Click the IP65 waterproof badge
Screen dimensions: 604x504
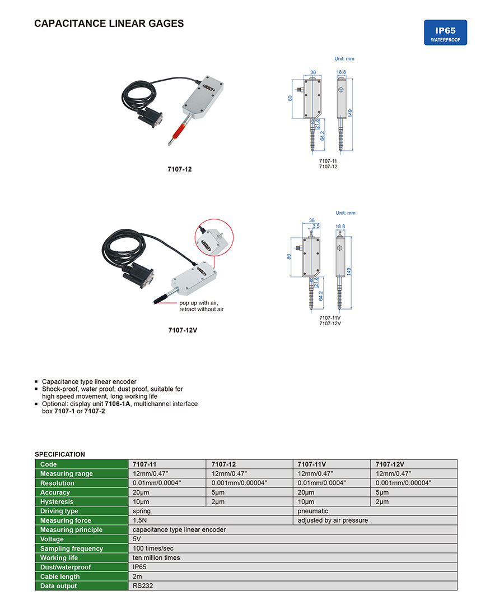click(x=445, y=33)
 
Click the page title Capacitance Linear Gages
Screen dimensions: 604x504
click(x=109, y=24)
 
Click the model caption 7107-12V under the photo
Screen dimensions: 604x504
click(x=183, y=330)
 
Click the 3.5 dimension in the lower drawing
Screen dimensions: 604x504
click(x=316, y=226)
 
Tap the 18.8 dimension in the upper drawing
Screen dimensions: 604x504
click(x=341, y=72)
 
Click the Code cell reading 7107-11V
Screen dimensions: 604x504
click(x=312, y=464)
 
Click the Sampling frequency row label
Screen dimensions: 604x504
click(x=72, y=548)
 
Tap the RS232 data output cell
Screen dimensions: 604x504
click(x=143, y=586)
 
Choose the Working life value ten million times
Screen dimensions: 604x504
click(x=156, y=558)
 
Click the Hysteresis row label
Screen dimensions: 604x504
click(x=57, y=502)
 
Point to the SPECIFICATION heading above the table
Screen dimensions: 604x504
click(x=60, y=454)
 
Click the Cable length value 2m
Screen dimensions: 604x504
click(x=137, y=577)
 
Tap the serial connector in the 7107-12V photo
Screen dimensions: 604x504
click(x=144, y=278)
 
